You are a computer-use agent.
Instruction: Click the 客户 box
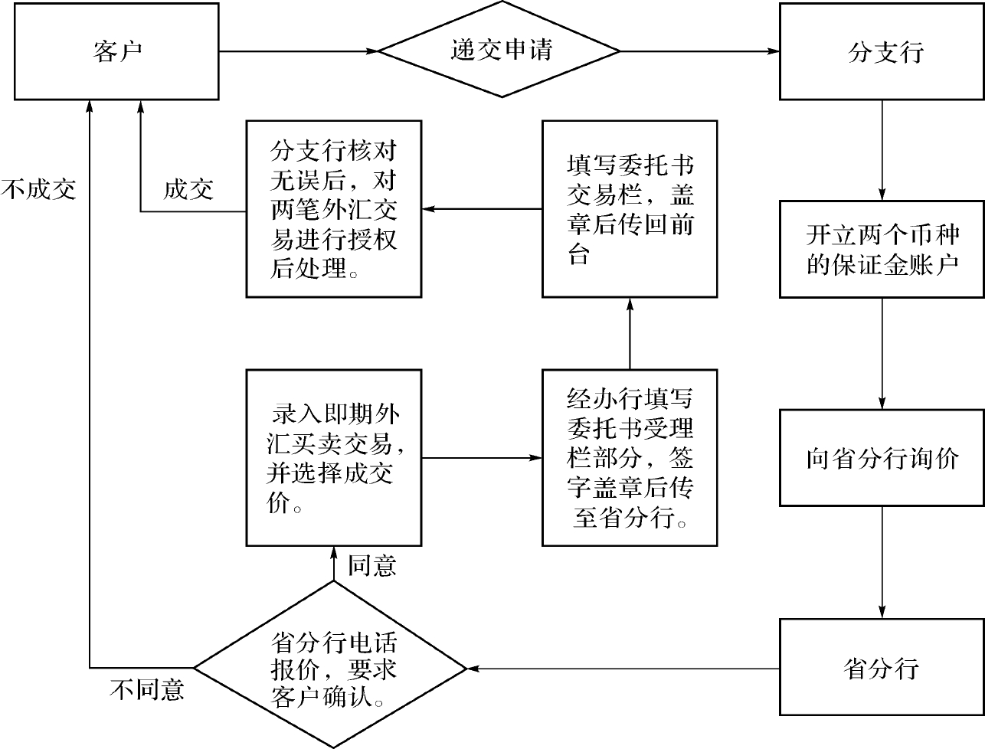click(116, 51)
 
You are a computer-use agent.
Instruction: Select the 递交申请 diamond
click(499, 51)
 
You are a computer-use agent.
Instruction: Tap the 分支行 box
click(882, 51)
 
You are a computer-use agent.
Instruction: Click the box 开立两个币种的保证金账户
click(882, 249)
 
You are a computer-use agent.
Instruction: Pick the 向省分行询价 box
click(882, 458)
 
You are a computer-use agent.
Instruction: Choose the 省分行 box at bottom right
click(882, 667)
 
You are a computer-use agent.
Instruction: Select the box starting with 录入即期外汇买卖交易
click(333, 458)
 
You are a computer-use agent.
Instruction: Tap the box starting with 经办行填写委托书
click(630, 458)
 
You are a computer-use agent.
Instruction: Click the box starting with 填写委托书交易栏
click(630, 208)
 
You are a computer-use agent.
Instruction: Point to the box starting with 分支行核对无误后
click(333, 208)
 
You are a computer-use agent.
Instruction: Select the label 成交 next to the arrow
click(188, 189)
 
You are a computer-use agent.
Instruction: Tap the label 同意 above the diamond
click(372, 566)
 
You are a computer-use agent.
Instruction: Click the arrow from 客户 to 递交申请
click(299, 51)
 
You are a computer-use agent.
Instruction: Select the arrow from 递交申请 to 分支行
click(699, 51)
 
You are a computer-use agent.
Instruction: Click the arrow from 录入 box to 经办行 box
click(481, 458)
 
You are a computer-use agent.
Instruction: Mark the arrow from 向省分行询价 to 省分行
click(882, 561)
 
